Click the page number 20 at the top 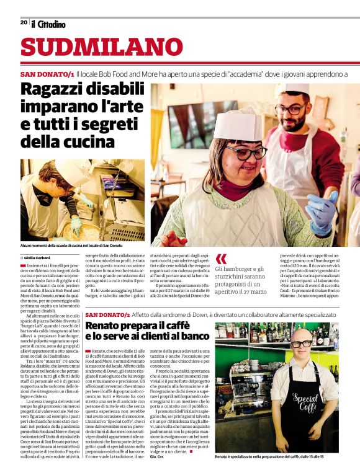pyautogui.click(x=24, y=22)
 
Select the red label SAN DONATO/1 pyautogui.click(x=47, y=74)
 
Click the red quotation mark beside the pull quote pyautogui.click(x=221, y=259)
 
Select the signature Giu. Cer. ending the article pyautogui.click(x=158, y=456)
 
